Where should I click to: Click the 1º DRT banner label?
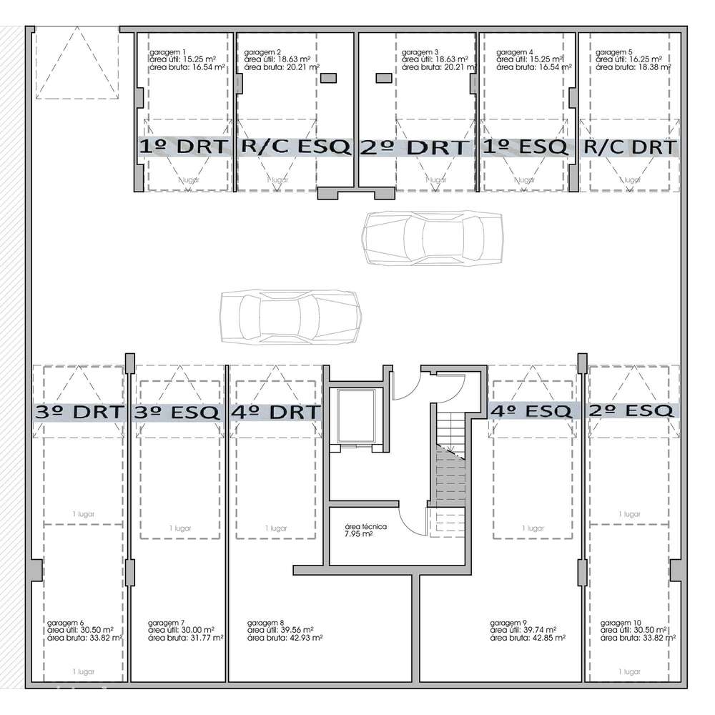(x=184, y=147)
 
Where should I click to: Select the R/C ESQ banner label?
(x=297, y=147)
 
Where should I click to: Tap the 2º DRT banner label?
(x=415, y=147)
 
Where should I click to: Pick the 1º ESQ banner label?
(x=526, y=147)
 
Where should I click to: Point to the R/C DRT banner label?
(x=630, y=147)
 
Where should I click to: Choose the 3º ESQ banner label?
(x=177, y=413)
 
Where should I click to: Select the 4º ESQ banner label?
(x=532, y=411)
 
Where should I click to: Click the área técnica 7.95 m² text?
(x=365, y=530)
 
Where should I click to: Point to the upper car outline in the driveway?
(x=433, y=238)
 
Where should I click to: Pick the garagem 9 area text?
(x=528, y=630)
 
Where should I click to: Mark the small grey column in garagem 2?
(x=329, y=78)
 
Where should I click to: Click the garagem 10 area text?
(x=636, y=630)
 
